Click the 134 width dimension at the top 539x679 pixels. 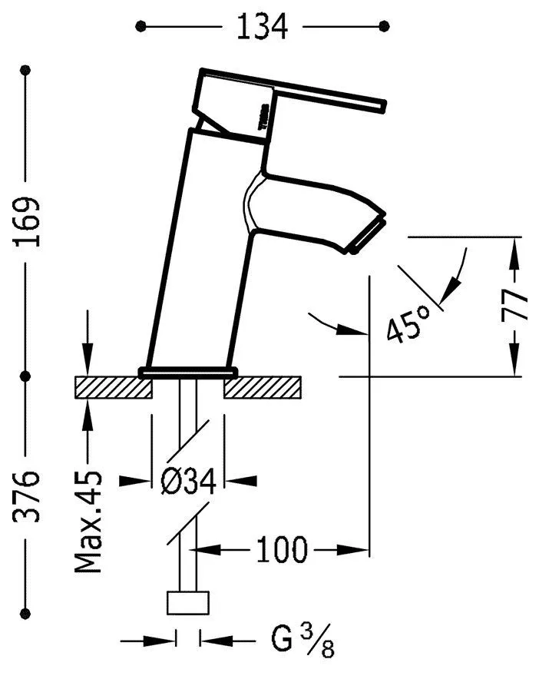pos(263,27)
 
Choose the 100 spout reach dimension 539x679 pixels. pos(281,550)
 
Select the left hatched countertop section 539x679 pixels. pos(113,388)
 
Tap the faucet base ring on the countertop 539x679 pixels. pos(188,373)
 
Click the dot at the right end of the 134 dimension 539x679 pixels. pos(384,27)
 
